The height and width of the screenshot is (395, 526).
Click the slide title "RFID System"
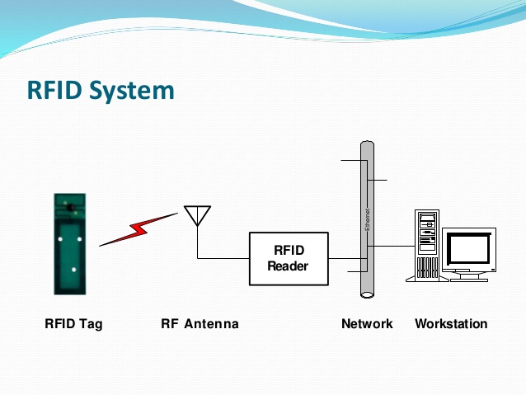(101, 89)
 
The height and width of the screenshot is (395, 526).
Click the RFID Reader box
(289, 258)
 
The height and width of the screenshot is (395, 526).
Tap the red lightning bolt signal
(138, 230)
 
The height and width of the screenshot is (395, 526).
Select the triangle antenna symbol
(196, 214)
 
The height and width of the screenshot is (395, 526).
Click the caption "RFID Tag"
(73, 324)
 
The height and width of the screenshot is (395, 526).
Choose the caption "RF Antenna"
(200, 324)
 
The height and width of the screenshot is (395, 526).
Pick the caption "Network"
(367, 324)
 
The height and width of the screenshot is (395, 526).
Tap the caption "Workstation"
(451, 324)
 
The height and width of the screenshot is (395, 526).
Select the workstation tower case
(426, 246)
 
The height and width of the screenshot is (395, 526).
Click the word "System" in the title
(133, 89)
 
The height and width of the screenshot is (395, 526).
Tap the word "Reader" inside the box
(289, 266)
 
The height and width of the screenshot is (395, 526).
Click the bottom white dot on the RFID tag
(73, 270)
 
